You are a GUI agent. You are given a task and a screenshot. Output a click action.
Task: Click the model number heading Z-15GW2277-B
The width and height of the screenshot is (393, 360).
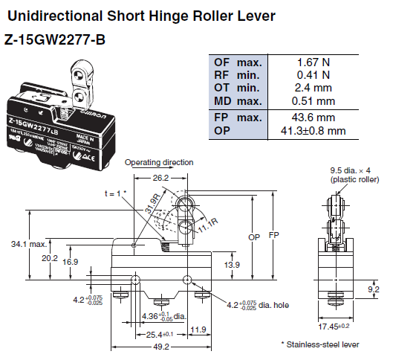point(55,39)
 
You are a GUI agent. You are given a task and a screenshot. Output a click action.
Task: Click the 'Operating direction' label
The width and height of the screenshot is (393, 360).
point(159,162)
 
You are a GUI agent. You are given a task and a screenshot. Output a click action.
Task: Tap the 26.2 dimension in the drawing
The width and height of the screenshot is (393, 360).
point(159,179)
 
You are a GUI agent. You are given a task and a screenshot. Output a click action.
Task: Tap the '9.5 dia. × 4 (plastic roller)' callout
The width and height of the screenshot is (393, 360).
point(354,174)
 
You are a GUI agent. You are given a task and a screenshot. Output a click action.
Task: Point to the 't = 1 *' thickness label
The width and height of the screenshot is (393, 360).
point(114,193)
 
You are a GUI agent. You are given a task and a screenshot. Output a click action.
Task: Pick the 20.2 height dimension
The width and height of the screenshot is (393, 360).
point(50,258)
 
